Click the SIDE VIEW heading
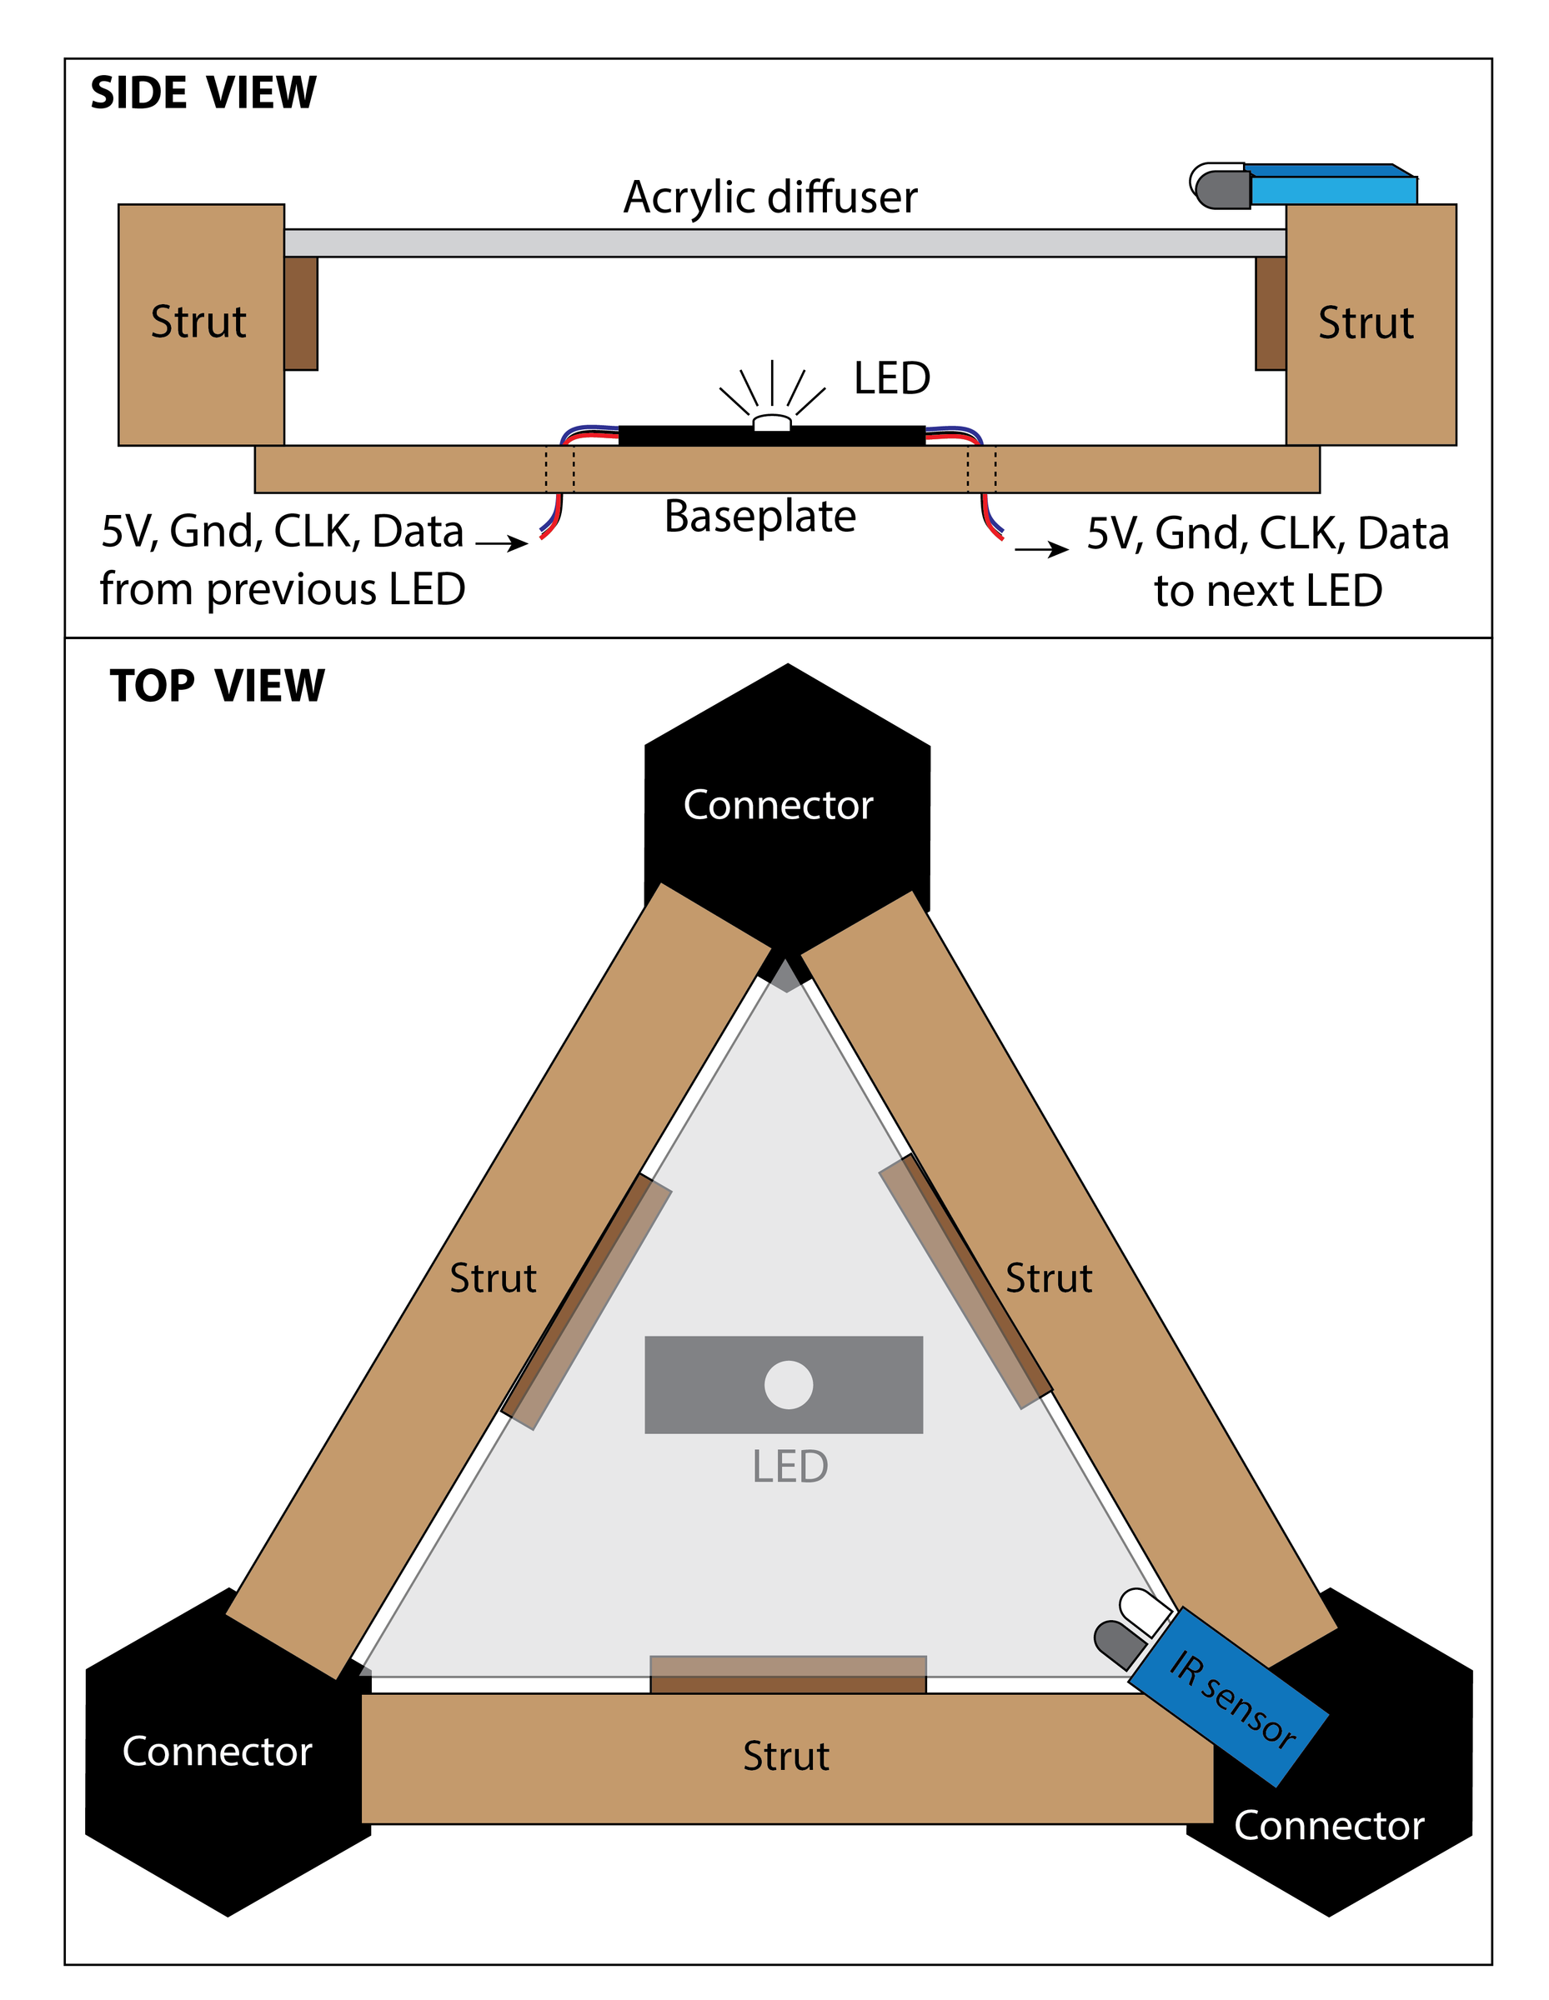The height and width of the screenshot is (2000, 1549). tap(203, 93)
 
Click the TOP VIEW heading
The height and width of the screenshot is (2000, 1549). tap(217, 686)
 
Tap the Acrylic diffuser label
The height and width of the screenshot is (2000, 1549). tap(770, 197)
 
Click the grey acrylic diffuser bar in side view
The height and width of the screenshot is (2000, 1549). tap(785, 242)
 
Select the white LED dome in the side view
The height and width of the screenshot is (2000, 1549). tap(772, 422)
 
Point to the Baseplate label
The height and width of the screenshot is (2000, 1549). tap(759, 517)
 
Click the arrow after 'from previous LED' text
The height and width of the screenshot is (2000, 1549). tap(502, 544)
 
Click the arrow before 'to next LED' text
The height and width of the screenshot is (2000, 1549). tap(1041, 549)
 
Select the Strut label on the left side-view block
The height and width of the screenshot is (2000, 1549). tap(198, 322)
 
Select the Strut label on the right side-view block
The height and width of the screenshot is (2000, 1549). tap(1366, 323)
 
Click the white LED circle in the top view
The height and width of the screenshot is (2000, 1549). tap(788, 1385)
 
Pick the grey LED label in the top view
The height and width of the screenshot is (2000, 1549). tap(790, 1467)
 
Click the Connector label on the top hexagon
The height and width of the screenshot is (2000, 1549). tap(778, 805)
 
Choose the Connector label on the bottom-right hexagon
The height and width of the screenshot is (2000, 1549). tap(1328, 1826)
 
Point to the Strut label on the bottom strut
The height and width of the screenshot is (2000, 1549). tap(786, 1757)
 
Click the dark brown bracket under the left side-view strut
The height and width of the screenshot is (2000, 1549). tap(300, 313)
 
